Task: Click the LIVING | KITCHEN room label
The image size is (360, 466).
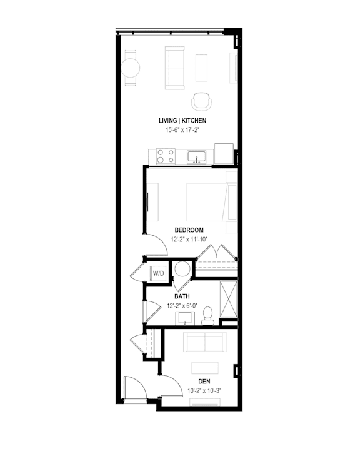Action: pyautogui.click(x=182, y=121)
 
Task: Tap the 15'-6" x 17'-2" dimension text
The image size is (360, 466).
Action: pyautogui.click(x=182, y=130)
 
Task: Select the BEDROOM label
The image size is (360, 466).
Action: pyautogui.click(x=189, y=230)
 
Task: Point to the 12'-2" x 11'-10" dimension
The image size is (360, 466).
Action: pyautogui.click(x=189, y=239)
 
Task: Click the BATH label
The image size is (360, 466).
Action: pyautogui.click(x=182, y=296)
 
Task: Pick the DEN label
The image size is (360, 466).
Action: pyautogui.click(x=204, y=382)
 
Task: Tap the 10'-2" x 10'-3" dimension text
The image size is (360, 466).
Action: pyautogui.click(x=204, y=391)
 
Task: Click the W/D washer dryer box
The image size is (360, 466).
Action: pyautogui.click(x=158, y=273)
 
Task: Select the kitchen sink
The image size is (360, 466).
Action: pyautogui.click(x=196, y=157)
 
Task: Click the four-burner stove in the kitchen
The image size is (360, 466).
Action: pyautogui.click(x=166, y=156)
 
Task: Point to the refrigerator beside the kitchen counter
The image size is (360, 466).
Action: pyautogui.click(x=224, y=154)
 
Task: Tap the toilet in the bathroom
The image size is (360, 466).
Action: pyautogui.click(x=207, y=316)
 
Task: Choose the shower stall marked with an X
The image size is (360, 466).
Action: pyautogui.click(x=228, y=299)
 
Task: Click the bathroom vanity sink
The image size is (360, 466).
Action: pyautogui.click(x=185, y=318)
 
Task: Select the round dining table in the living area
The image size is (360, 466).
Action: pyautogui.click(x=130, y=68)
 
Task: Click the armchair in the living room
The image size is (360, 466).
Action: pyautogui.click(x=202, y=101)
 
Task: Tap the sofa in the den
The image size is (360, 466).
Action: pyautogui.click(x=205, y=341)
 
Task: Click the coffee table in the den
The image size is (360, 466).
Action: pyautogui.click(x=205, y=368)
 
